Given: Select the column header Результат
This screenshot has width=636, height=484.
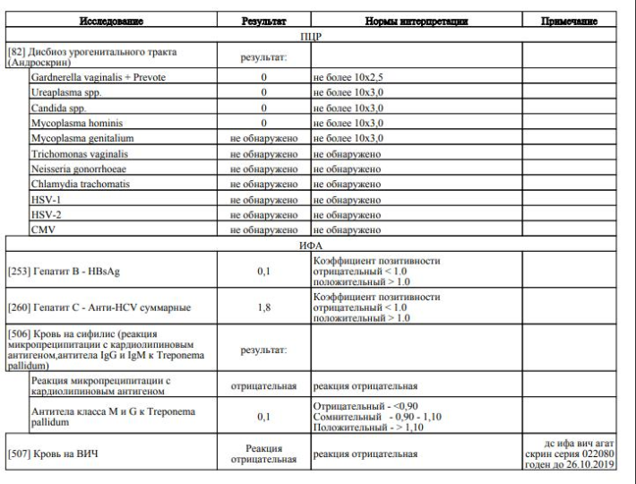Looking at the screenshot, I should [x=263, y=20].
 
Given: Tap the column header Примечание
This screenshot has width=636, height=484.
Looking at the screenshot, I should [x=568, y=20].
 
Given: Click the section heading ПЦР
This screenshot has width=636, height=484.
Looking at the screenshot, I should [x=309, y=38].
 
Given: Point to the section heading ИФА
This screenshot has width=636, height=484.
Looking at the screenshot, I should [x=309, y=243].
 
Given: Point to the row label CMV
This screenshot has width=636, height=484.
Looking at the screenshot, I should [x=41, y=230].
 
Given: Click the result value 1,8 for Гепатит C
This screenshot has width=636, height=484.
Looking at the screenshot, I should [x=263, y=309].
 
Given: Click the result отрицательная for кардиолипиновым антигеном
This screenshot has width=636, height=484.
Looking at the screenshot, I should [x=263, y=387].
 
